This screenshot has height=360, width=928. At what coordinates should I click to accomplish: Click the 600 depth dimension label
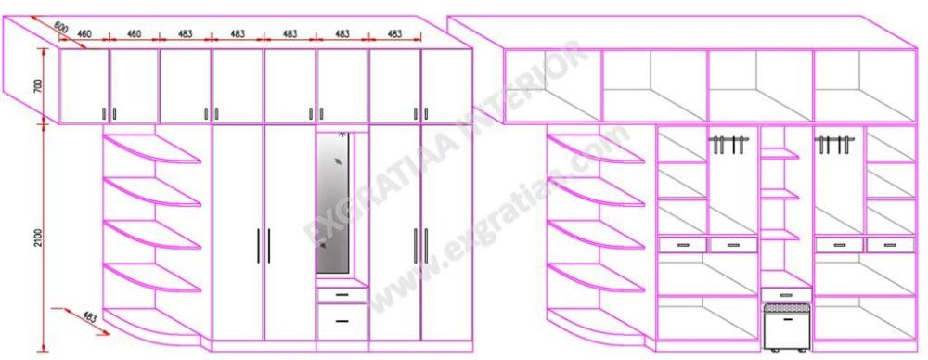tap(59, 27)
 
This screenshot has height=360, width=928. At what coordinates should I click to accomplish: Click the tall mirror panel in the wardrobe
tap(332, 203)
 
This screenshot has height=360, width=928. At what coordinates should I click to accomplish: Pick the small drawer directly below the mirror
tap(342, 294)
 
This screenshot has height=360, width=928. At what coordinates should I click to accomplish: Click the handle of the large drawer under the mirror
tap(342, 321)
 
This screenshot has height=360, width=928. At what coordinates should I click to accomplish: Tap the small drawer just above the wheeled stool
tap(786, 294)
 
